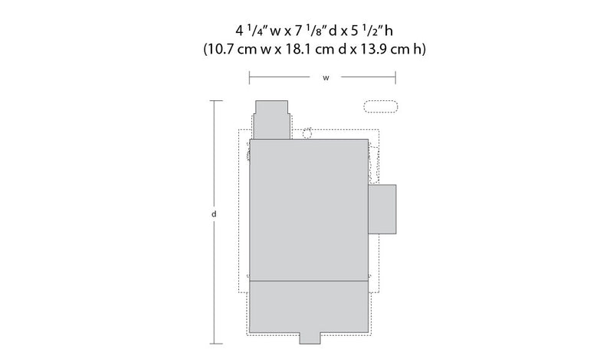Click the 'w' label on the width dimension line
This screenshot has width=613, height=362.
[326, 78]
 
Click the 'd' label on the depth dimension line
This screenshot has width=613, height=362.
[214, 214]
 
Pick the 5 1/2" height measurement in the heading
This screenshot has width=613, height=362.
[366, 31]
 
